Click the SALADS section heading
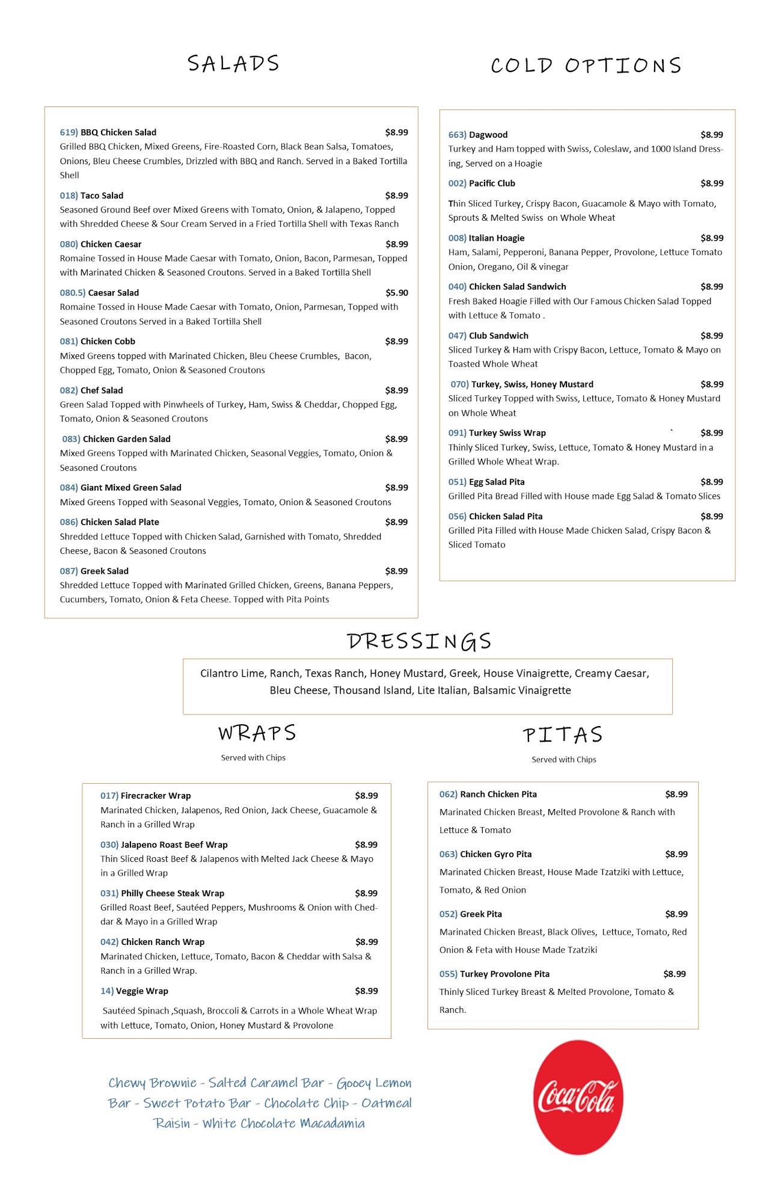[x=233, y=63]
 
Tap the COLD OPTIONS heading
[x=586, y=65]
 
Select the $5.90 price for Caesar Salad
[x=396, y=293]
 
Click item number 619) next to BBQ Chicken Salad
[x=69, y=132]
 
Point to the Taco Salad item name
[x=102, y=195]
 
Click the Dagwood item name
[x=488, y=135]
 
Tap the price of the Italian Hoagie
[x=711, y=238]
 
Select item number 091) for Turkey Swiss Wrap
[x=457, y=433]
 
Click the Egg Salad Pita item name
[x=497, y=482]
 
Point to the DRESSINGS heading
[x=419, y=641]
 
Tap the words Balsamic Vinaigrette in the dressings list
[x=522, y=691]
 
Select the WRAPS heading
[x=257, y=733]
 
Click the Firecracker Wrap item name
[x=156, y=796]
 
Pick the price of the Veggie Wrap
[x=366, y=991]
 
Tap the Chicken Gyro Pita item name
[x=495, y=854]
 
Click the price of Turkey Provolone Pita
[x=674, y=974]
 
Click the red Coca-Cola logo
[x=578, y=1097]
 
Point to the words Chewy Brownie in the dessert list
[x=152, y=1083]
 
